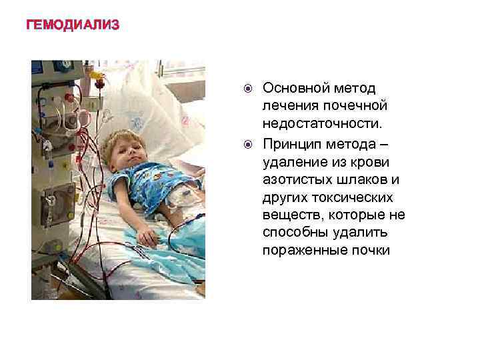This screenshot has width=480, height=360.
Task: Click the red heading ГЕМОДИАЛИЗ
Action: pyautogui.click(x=73, y=25)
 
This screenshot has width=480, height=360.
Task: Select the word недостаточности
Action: pyautogui.click(x=323, y=125)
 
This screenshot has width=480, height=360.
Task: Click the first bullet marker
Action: pyautogui.click(x=247, y=89)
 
